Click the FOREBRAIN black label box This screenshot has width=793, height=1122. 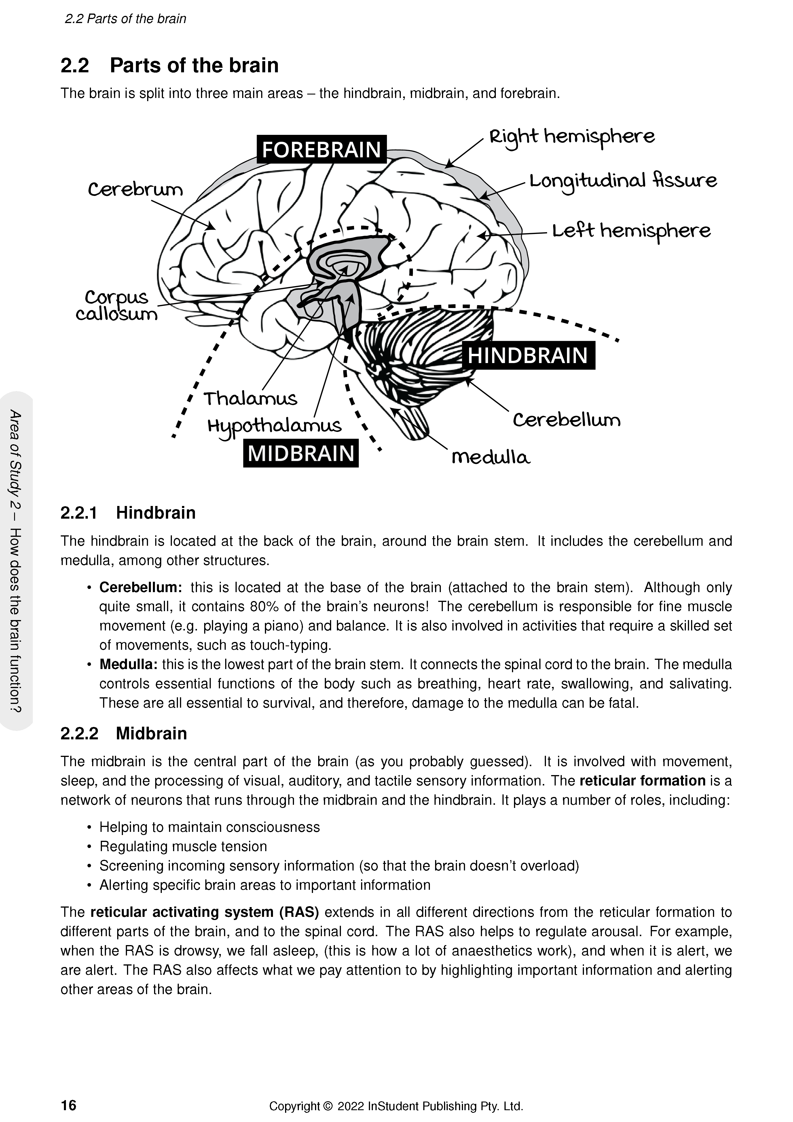pyautogui.click(x=321, y=150)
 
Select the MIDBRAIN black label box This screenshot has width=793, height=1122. pyautogui.click(x=301, y=454)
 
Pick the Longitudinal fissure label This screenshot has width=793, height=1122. pyautogui.click(x=623, y=181)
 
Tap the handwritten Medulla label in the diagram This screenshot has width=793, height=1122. pyautogui.click(x=491, y=458)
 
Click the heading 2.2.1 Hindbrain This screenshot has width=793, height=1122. pyautogui.click(x=128, y=513)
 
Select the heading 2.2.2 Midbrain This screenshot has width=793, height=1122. pyautogui.click(x=124, y=734)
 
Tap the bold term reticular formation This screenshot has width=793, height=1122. pyautogui.click(x=642, y=781)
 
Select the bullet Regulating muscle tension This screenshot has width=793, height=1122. pyautogui.click(x=183, y=846)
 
